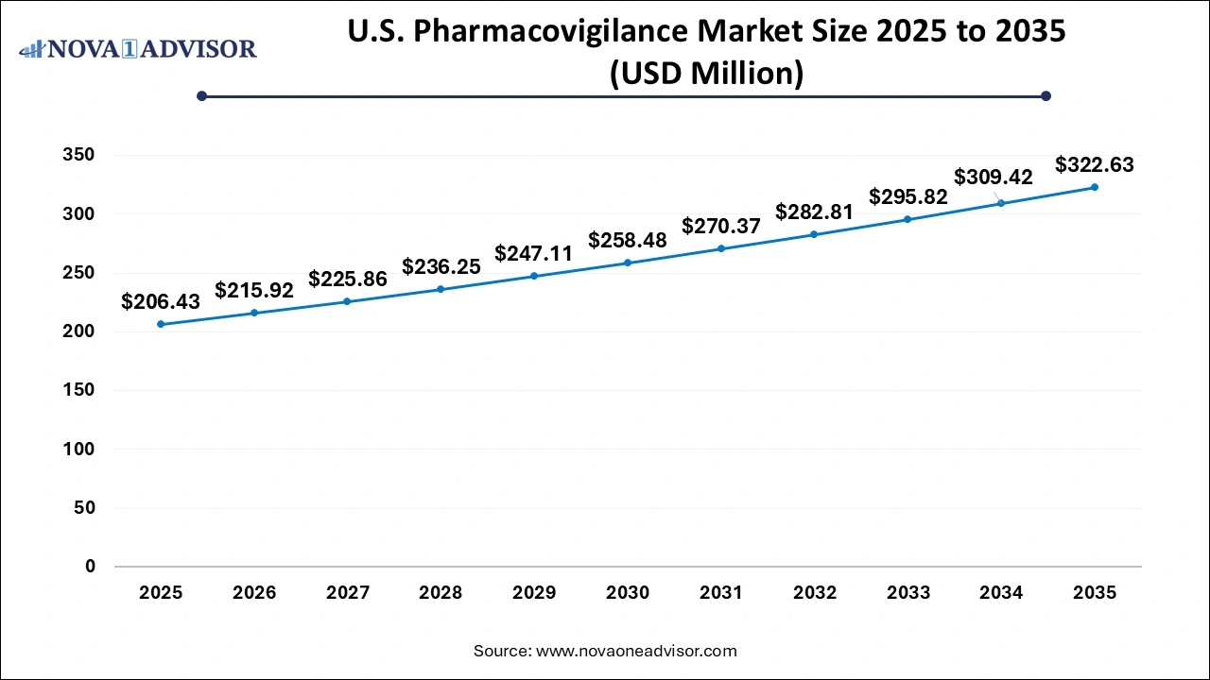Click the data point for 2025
click(161, 324)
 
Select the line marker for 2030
click(628, 263)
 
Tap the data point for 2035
click(1095, 187)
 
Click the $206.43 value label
click(161, 301)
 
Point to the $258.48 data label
click(628, 241)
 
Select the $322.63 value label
click(1095, 164)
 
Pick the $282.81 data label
click(814, 212)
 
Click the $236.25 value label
click(441, 267)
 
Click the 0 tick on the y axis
click(91, 567)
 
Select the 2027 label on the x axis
click(347, 593)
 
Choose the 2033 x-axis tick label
click(907, 593)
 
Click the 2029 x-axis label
click(534, 593)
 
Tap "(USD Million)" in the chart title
click(706, 72)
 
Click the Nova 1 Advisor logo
click(138, 48)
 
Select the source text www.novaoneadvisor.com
click(636, 651)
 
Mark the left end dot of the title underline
click(201, 95)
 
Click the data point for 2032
click(814, 234)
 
